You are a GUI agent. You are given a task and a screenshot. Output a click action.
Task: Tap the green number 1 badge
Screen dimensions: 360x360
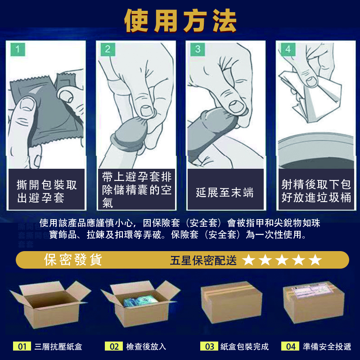click(x=18, y=49)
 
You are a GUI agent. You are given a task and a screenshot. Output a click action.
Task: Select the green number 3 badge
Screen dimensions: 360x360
click(x=198, y=49)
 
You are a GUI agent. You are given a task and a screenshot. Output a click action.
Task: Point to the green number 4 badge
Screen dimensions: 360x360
click(x=288, y=49)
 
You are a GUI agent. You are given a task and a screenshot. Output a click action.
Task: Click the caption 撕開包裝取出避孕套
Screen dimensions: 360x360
click(x=47, y=191)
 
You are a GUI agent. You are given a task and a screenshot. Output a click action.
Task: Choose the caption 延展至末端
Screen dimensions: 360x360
click(x=225, y=193)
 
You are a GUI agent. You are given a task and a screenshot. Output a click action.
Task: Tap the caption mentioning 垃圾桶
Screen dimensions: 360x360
click(x=316, y=191)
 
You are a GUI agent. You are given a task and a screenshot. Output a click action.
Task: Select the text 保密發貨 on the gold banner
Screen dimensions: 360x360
click(x=73, y=260)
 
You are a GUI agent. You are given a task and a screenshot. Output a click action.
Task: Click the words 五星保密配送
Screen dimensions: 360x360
click(x=203, y=261)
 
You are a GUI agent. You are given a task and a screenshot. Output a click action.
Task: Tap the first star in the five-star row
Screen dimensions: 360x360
click(x=248, y=260)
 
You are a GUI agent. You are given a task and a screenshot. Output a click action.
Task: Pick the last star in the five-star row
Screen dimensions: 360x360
click(x=315, y=260)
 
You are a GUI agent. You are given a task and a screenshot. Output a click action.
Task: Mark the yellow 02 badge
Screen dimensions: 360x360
click(x=114, y=346)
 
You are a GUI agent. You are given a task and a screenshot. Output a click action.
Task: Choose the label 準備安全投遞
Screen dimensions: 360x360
click(x=327, y=346)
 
